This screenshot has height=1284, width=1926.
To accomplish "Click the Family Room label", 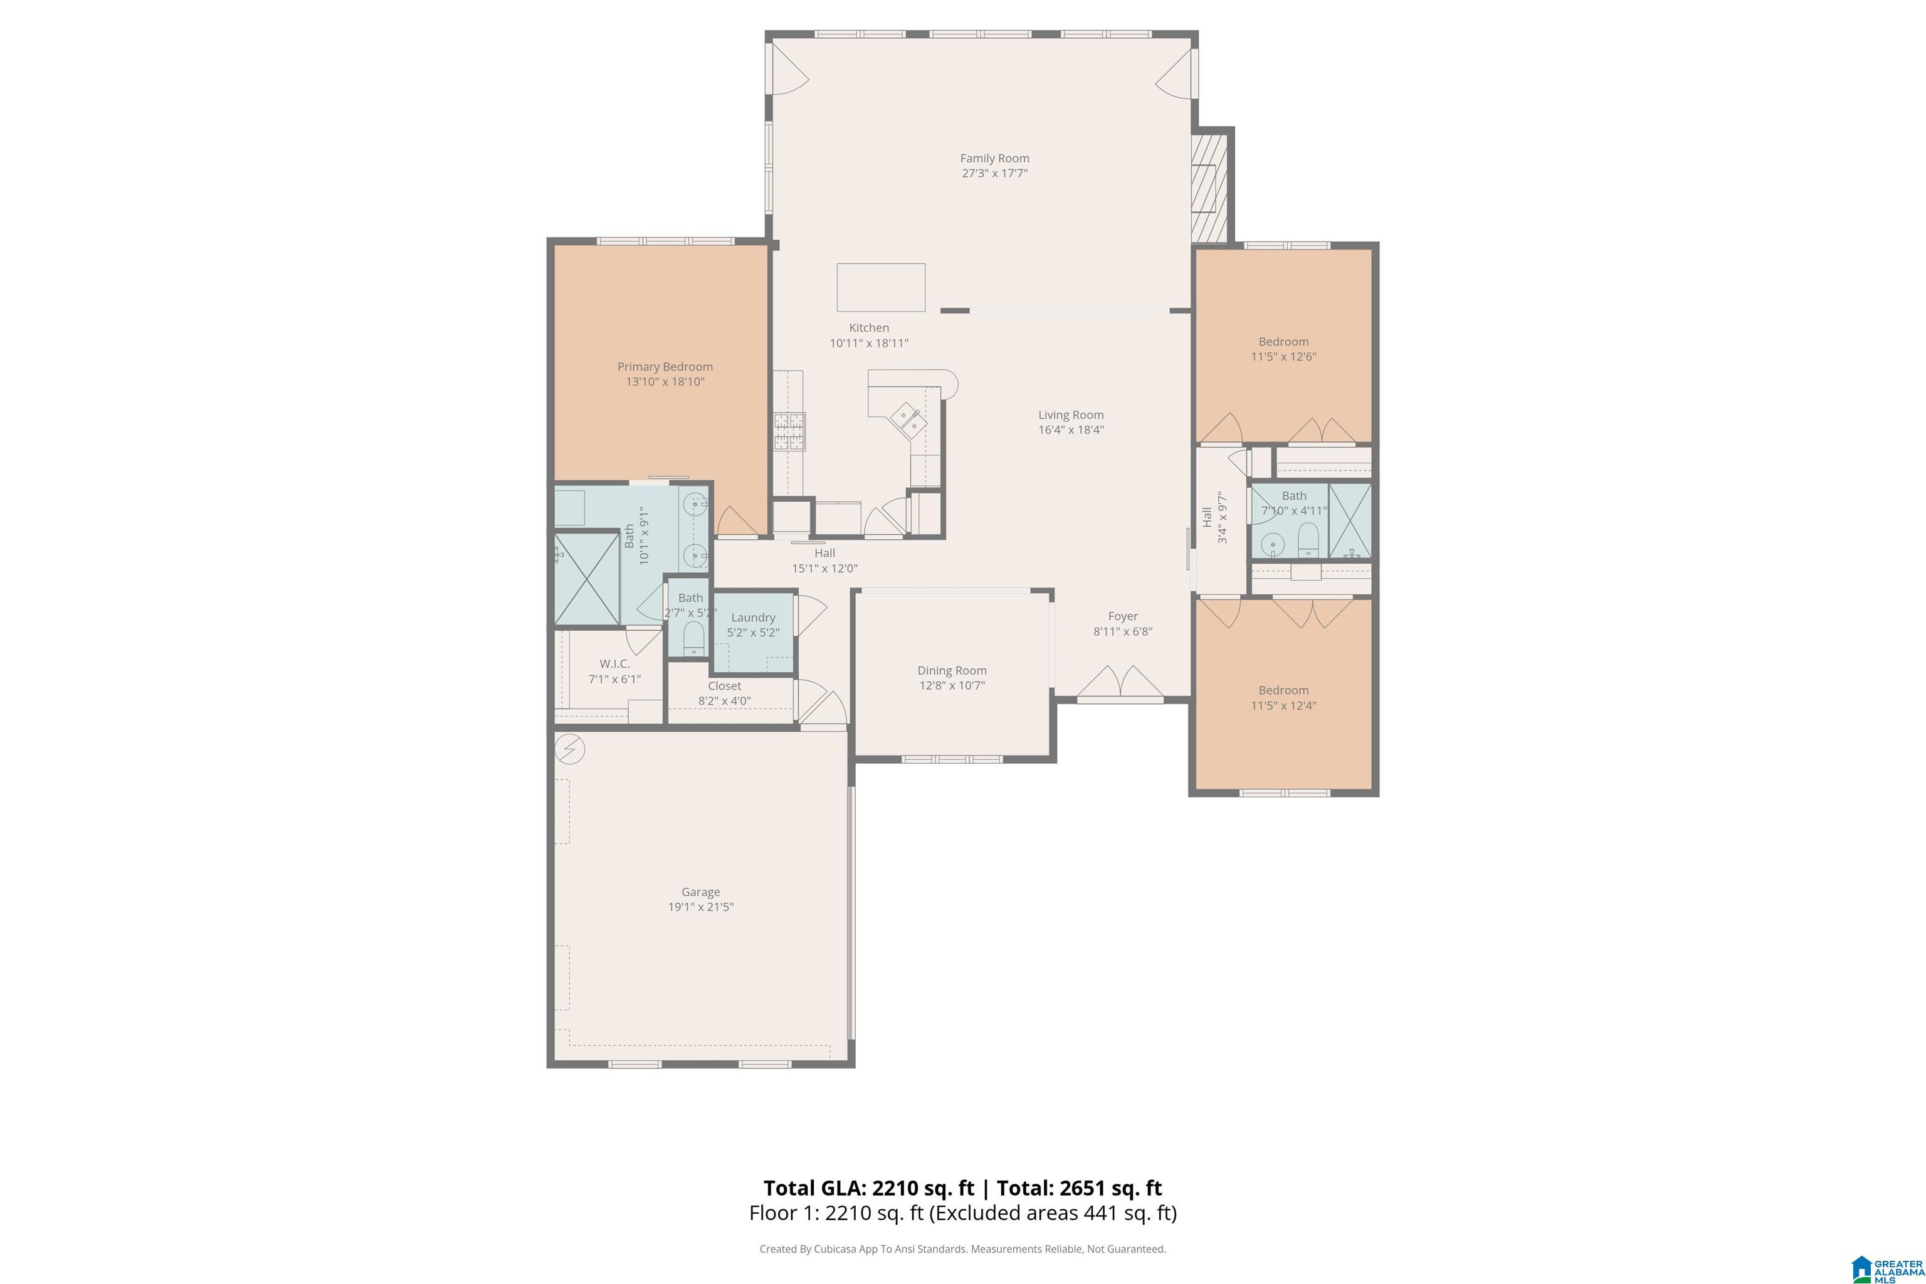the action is point(994,158).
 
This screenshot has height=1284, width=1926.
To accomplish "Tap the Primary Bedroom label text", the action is point(665,367).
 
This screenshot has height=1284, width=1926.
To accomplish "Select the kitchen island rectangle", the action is point(881,287).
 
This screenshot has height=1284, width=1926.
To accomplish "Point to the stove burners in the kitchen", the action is point(789,431).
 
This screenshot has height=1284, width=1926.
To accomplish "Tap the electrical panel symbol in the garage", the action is point(569,749).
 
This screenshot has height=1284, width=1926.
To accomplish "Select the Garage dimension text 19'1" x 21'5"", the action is point(700,907).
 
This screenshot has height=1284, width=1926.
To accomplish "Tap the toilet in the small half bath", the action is point(693,638).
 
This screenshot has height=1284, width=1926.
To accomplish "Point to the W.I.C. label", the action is point(614,663).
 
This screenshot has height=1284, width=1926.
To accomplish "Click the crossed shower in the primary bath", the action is point(587,579).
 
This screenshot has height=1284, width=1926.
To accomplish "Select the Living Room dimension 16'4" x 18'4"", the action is point(1071,429).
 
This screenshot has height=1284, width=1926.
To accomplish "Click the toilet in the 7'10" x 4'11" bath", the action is point(1308,540).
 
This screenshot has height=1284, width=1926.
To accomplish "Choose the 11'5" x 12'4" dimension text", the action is point(1283,705).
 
